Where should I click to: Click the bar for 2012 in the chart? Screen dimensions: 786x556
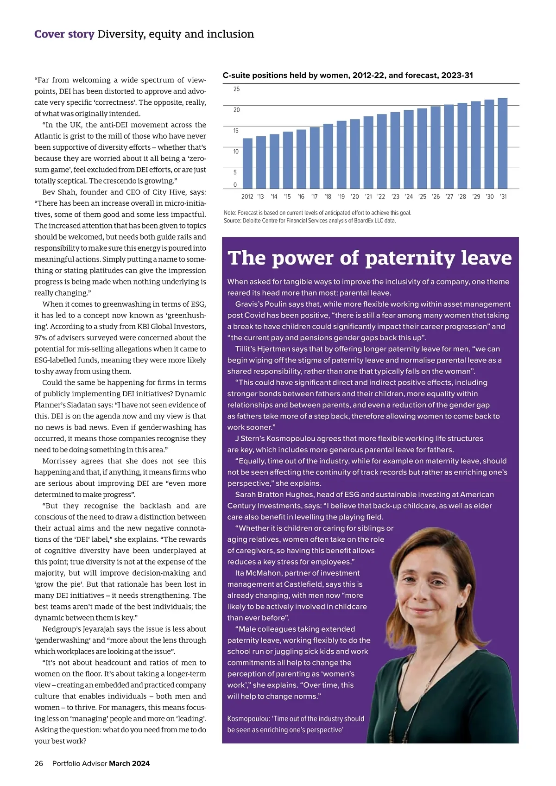point(247,164)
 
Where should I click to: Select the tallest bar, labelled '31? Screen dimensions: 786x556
point(503,144)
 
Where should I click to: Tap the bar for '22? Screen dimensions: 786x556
point(382,152)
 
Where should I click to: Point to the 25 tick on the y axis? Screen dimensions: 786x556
point(236,89)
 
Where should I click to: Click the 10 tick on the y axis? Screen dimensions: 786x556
point(236,152)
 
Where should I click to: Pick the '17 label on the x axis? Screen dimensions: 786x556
point(315,196)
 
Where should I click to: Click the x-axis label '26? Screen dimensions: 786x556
point(436,196)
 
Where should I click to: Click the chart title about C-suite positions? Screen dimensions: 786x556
point(347,75)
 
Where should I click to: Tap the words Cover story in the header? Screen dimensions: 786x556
point(64,34)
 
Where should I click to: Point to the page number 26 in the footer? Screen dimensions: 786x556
point(39,763)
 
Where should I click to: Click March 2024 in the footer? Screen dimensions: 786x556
point(129,763)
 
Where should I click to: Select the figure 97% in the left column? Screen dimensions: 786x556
point(41,338)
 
